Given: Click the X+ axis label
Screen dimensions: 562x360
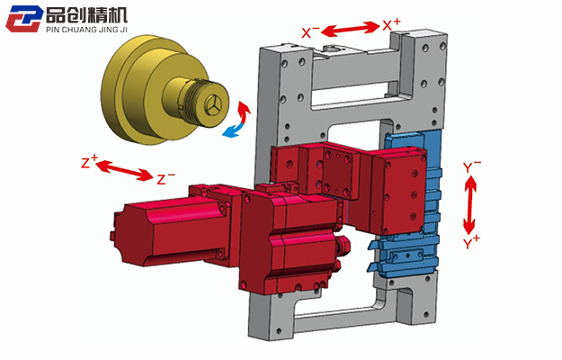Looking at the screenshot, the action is tap(391, 24).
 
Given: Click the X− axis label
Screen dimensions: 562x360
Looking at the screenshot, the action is tap(310, 32).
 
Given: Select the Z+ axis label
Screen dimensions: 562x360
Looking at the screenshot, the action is tap(89, 162).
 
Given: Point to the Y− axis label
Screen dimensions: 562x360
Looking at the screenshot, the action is tap(472, 166).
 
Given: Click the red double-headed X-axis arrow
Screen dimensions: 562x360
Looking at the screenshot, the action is tap(350, 29).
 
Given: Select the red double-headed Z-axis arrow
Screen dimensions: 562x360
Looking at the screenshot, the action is tap(125, 170).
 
